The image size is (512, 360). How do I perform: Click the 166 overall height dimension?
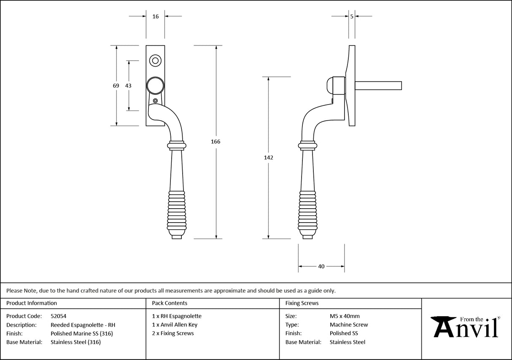pos(216,142)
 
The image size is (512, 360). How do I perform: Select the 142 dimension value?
pos(269,158)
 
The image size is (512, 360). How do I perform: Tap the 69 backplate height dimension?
pos(116,86)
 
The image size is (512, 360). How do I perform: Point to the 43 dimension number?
pos(128,86)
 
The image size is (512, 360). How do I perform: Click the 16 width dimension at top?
pos(155,16)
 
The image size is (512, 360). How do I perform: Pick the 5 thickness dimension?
pos(352,16)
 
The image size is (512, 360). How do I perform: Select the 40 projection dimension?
pos(321,266)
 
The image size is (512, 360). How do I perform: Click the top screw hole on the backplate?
pos(155,61)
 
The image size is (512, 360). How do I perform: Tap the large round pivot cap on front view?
pos(155,86)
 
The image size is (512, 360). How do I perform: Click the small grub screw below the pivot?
pos(156,101)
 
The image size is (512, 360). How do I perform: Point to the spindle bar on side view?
pos(378,86)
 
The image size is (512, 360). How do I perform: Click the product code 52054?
pos(58,316)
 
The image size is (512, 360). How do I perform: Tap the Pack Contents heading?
pos(170,303)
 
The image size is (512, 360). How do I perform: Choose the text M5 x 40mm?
pos(345,316)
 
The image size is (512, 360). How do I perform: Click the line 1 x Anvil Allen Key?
pos(175,325)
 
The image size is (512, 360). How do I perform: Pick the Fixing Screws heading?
pos(302,303)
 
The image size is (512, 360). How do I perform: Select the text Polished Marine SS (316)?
pos(81,333)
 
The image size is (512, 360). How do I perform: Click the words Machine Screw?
pos(349,325)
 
